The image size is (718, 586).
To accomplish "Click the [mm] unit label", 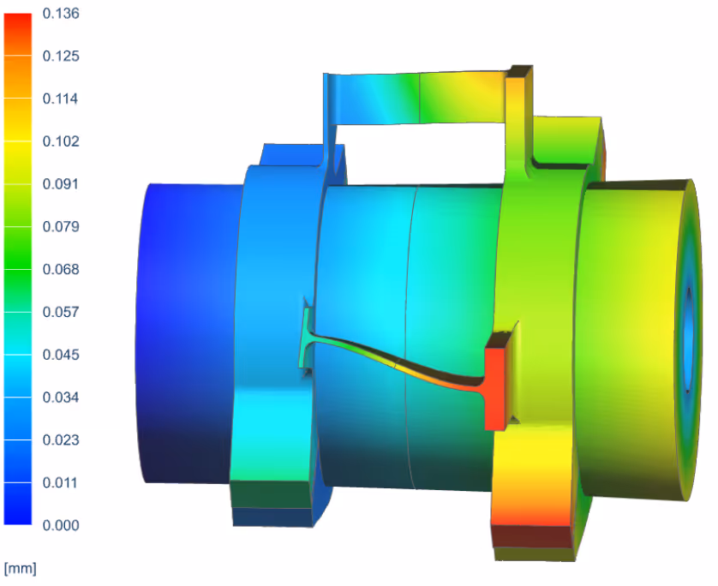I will click(21, 567).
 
